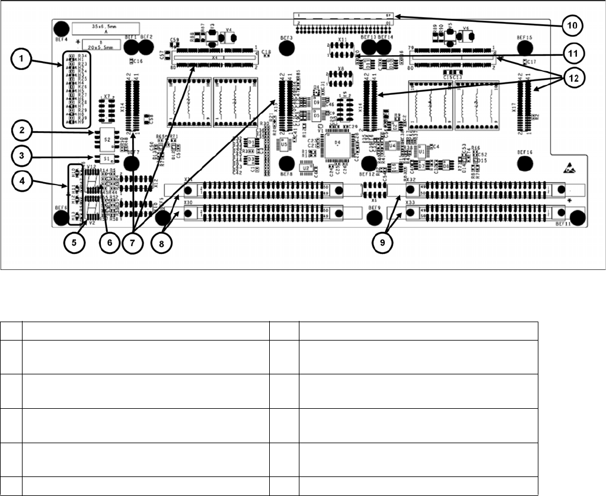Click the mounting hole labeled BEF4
tap(60, 29)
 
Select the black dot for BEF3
tap(287, 46)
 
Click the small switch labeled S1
tap(107, 159)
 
